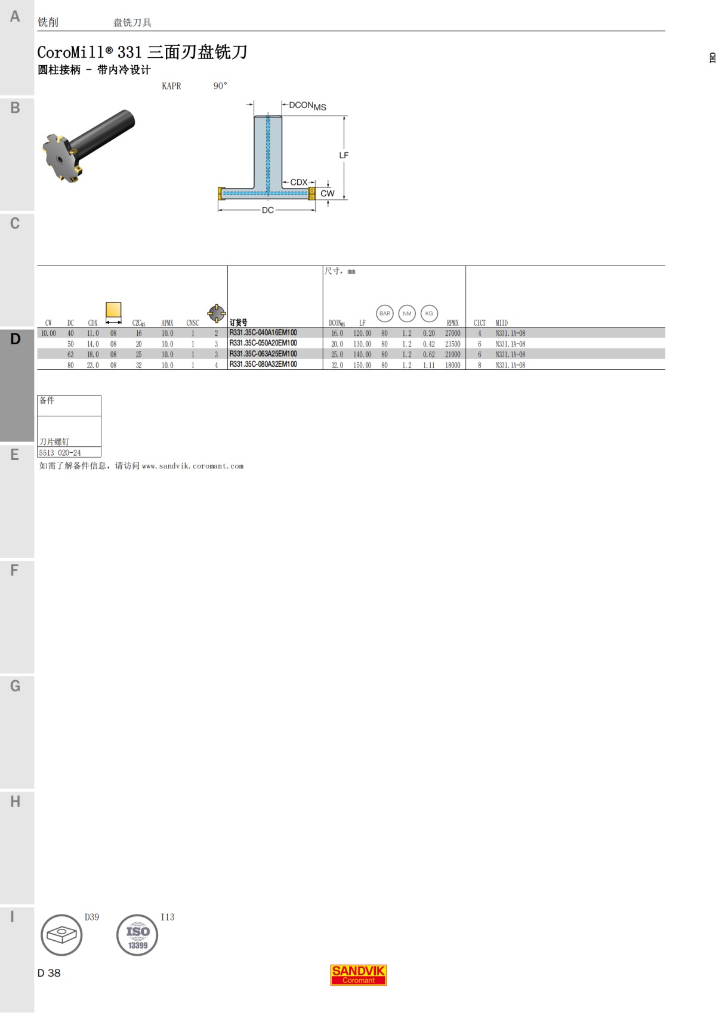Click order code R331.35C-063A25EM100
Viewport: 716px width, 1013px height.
point(263,354)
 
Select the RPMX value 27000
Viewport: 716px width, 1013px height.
point(452,333)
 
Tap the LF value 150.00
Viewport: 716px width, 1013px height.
point(362,365)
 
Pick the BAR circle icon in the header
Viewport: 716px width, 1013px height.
point(385,313)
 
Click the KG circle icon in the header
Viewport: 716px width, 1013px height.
point(429,313)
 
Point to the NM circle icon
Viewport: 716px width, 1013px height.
point(407,313)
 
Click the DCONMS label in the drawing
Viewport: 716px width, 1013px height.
point(307,106)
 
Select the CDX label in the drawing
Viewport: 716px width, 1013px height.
point(298,183)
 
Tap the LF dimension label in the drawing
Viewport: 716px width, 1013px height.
point(344,155)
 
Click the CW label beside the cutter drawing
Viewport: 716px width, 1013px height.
point(327,193)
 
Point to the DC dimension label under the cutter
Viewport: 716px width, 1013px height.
point(267,210)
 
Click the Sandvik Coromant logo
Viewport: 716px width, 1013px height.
point(358,975)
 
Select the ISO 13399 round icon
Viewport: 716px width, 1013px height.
point(137,935)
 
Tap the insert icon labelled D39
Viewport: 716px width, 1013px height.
point(61,935)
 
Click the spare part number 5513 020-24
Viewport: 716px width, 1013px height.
point(60,453)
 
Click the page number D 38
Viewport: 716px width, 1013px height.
point(49,973)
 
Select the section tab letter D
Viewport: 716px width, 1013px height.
point(16,339)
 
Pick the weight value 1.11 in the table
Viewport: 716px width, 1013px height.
point(428,365)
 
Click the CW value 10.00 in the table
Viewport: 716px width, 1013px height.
point(48,333)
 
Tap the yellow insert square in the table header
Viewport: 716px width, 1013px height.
point(113,310)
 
